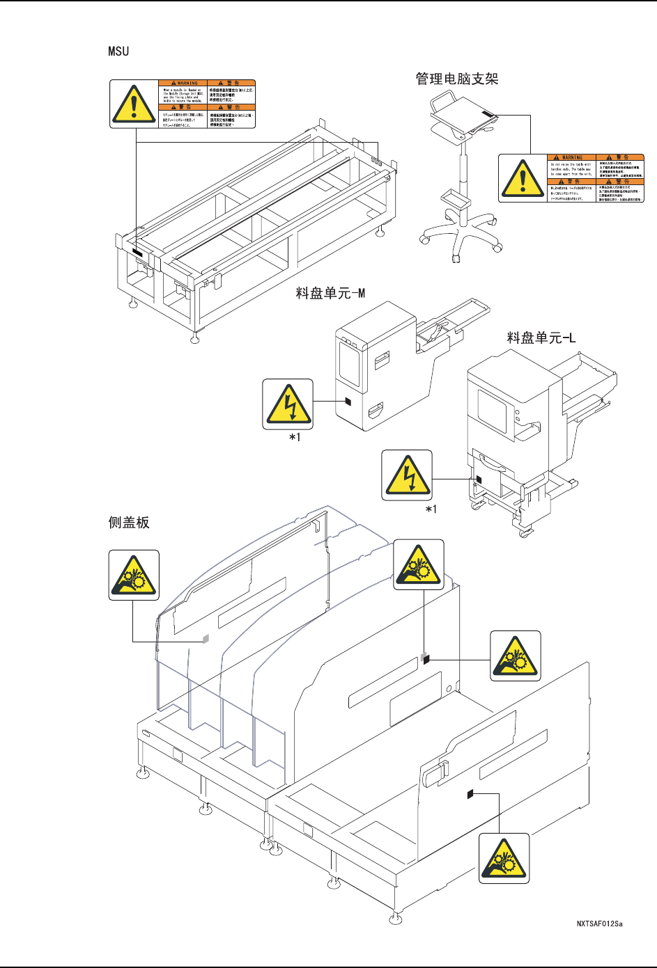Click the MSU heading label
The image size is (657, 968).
click(118, 51)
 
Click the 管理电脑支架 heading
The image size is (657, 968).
click(457, 79)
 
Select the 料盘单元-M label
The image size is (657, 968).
click(330, 293)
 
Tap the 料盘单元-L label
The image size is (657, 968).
click(541, 338)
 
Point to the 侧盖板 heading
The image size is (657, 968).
click(129, 522)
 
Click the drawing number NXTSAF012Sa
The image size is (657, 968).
click(599, 923)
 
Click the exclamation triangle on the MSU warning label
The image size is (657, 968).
click(134, 104)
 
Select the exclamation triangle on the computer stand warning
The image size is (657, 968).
click(523, 178)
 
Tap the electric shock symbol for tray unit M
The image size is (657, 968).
click(288, 404)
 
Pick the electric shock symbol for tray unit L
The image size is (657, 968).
click(407, 475)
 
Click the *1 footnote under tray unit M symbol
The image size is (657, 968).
click(295, 437)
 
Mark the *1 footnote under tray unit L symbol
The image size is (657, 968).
click(431, 509)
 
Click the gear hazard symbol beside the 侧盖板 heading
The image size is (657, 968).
click(134, 576)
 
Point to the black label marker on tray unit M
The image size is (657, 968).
click(348, 402)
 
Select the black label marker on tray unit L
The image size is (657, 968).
click(478, 479)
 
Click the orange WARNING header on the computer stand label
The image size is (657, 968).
click(571, 157)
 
